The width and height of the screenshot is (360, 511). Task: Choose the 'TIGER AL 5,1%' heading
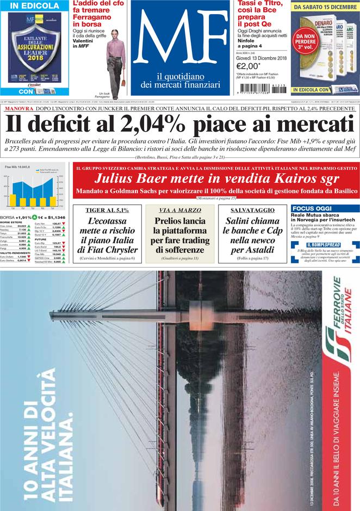coord(103,210)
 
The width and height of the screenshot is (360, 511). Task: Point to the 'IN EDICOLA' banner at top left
coord(34,6)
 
